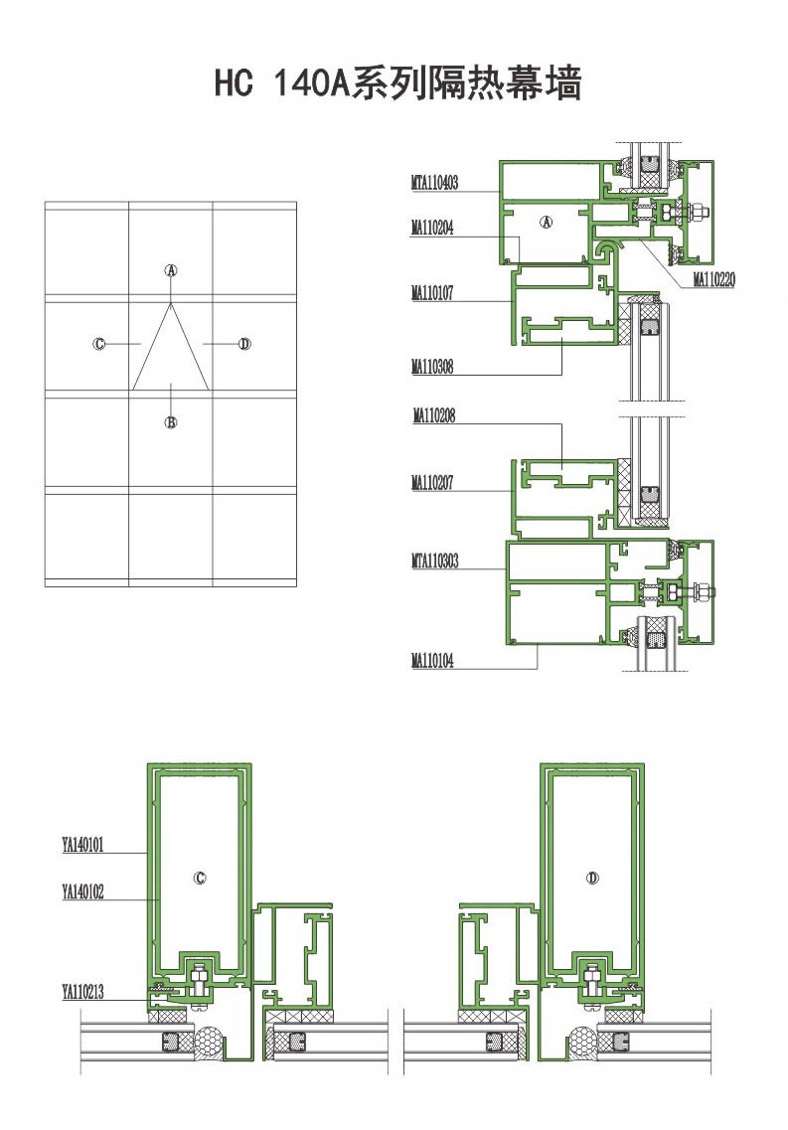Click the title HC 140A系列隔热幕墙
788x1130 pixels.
pos(397,82)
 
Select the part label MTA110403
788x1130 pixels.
pos(434,182)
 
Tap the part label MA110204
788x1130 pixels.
pos(432,228)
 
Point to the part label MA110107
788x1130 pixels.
pos(432,292)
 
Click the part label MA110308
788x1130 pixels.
pos(432,367)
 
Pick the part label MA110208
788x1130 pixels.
pos(434,415)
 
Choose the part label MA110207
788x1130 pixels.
pos(432,482)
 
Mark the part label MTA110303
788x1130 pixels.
pos(434,561)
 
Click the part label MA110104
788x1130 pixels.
pos(432,660)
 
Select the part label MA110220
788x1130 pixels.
pos(713,279)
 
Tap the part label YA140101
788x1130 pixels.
pos(82,845)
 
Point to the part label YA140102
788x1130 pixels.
pos(82,892)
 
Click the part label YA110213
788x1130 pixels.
pos(82,992)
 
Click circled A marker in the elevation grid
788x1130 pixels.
pos(171,271)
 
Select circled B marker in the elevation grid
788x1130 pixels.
pos(171,422)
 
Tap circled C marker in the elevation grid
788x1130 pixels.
pos(99,344)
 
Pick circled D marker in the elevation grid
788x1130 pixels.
pos(244,344)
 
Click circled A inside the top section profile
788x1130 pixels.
pos(546,223)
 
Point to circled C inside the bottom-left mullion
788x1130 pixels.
pos(201,878)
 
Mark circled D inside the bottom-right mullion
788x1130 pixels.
pos(592,878)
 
